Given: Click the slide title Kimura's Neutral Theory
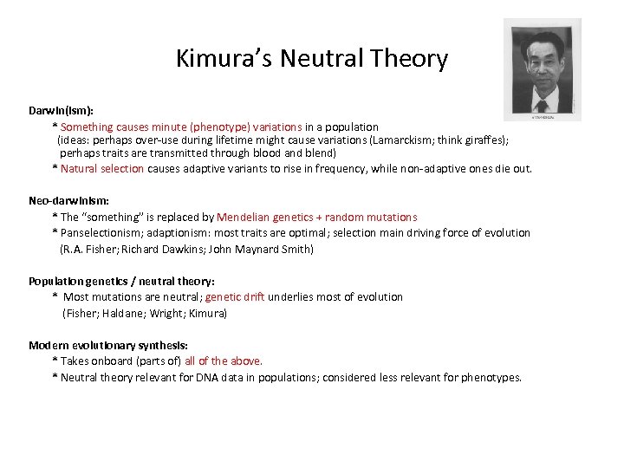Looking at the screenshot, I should coord(312,59).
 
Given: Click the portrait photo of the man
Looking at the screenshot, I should coord(543,68).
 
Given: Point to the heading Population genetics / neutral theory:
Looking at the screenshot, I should coord(121,281).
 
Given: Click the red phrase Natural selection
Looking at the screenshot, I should coord(102,169).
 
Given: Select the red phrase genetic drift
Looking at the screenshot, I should coord(235,297).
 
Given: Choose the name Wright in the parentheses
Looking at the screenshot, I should coord(166,313).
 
